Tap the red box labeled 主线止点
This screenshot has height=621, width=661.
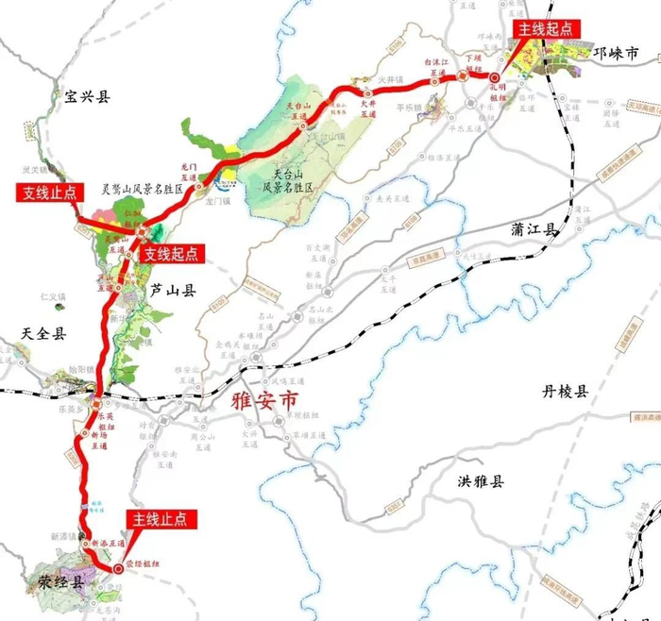tap(159, 519)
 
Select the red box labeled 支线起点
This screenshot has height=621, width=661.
tap(172, 254)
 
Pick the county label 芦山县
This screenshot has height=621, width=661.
tap(172, 292)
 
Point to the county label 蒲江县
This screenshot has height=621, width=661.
tap(535, 229)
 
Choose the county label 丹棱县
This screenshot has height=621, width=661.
tap(564, 391)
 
